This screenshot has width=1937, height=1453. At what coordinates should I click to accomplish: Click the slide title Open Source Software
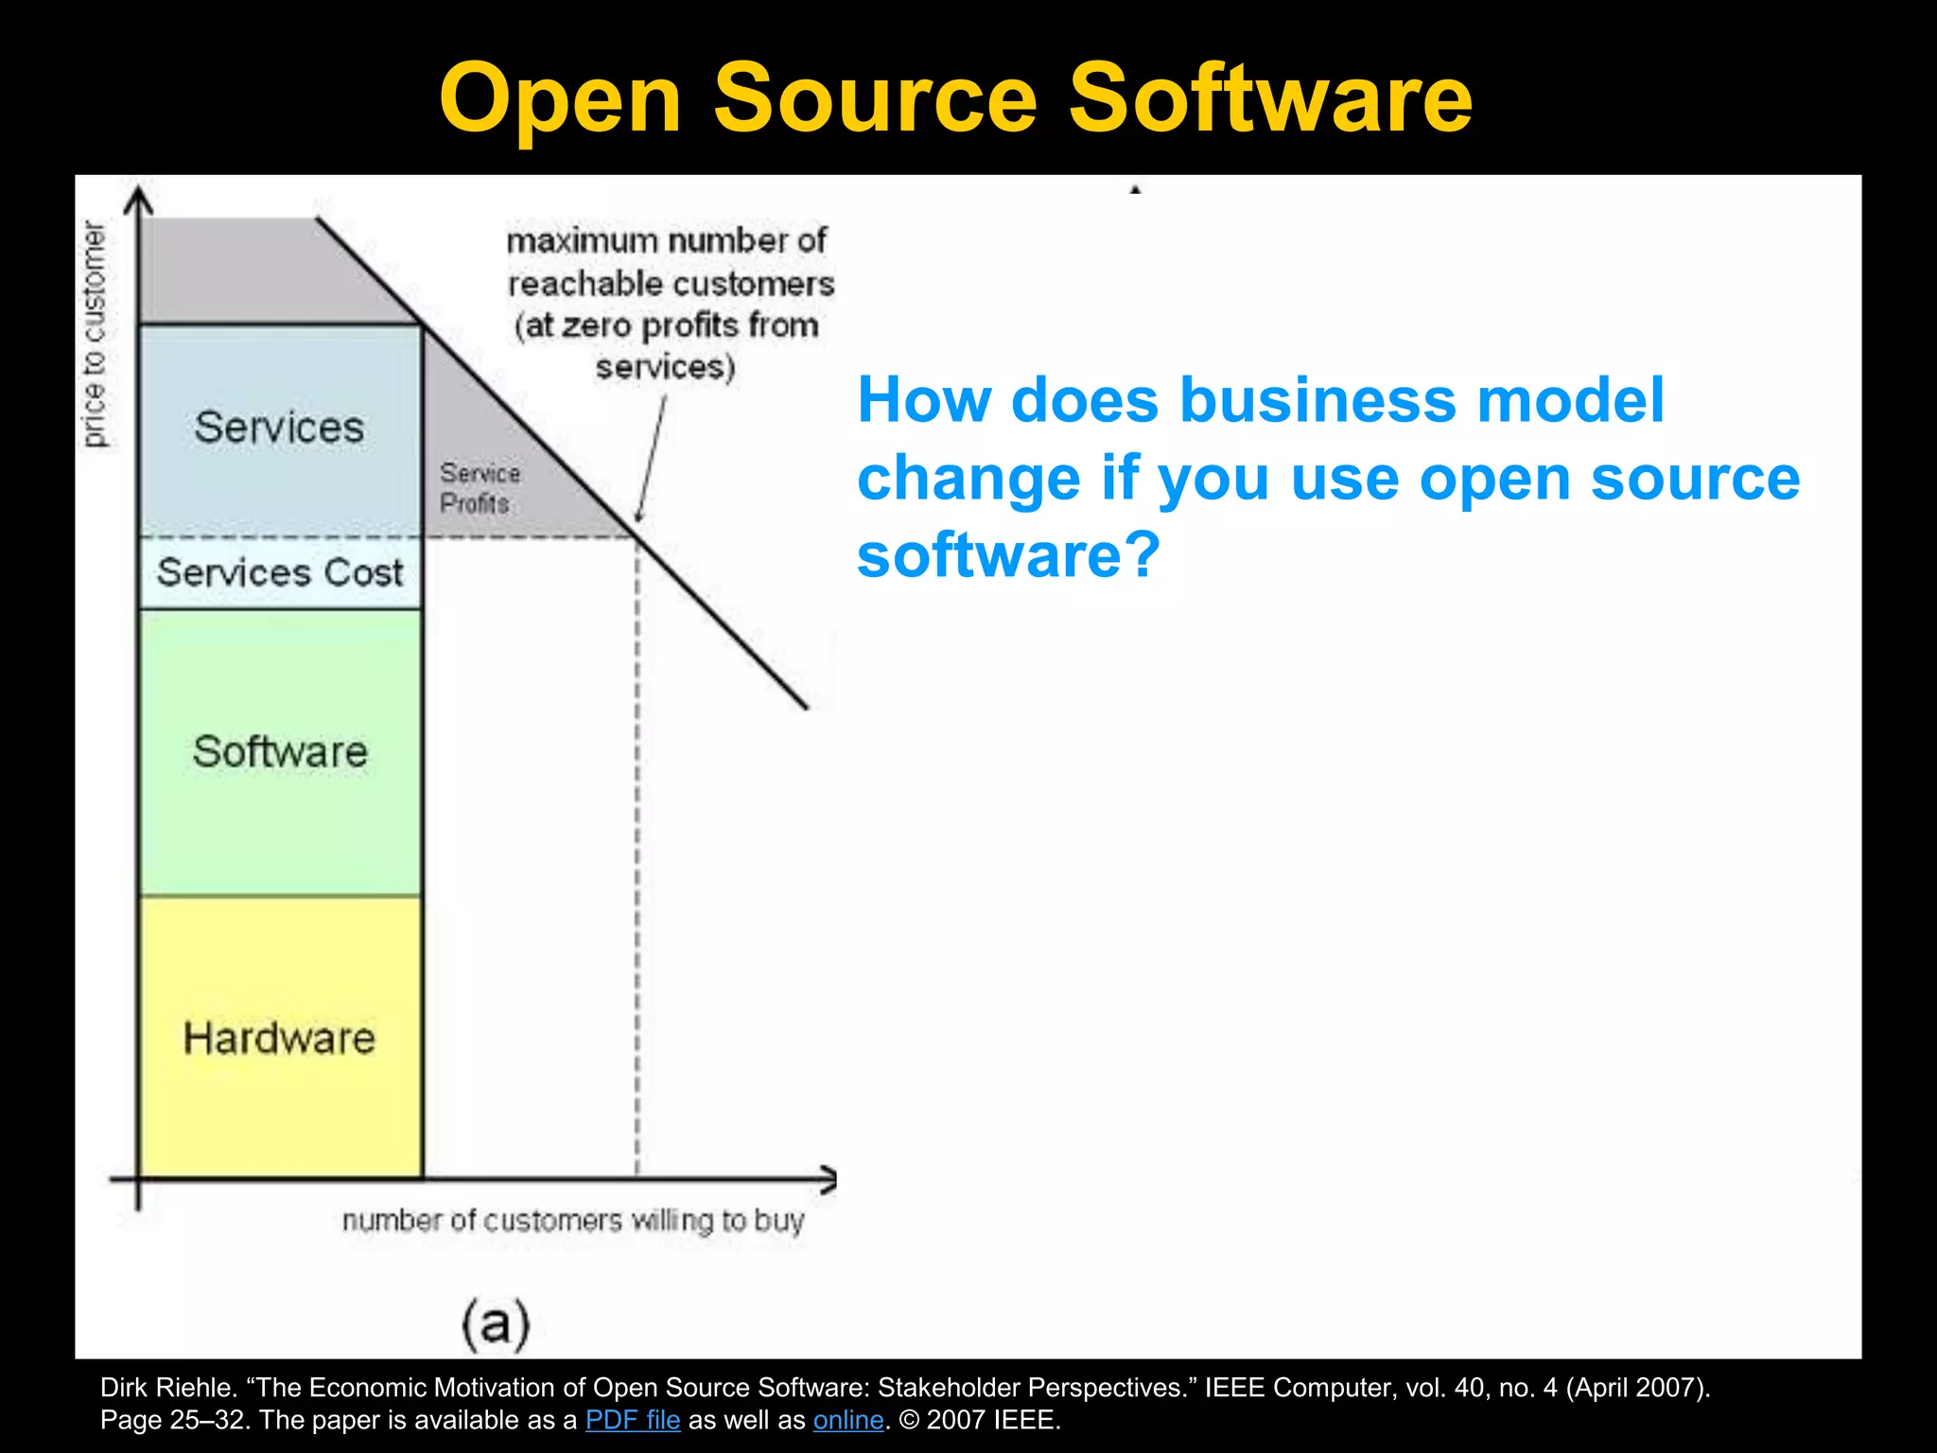(955, 98)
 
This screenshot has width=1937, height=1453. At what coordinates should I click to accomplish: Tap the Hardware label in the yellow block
(279, 1038)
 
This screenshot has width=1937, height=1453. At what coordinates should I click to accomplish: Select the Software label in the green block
(280, 752)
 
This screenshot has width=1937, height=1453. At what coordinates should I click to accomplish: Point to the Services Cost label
(280, 572)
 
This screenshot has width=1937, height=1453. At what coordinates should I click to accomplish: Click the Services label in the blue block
(279, 427)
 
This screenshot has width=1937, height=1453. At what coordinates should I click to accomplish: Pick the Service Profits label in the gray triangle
(480, 488)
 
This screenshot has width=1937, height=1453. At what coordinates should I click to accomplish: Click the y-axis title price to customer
(95, 334)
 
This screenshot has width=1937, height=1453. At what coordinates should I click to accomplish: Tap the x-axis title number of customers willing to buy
(573, 1221)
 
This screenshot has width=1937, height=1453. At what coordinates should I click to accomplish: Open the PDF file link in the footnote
(633, 1420)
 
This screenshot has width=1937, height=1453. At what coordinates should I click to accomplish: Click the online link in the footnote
(848, 1420)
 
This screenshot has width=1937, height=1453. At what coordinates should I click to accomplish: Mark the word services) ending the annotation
(666, 367)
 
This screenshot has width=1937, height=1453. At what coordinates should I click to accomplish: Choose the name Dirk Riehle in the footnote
(166, 1388)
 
